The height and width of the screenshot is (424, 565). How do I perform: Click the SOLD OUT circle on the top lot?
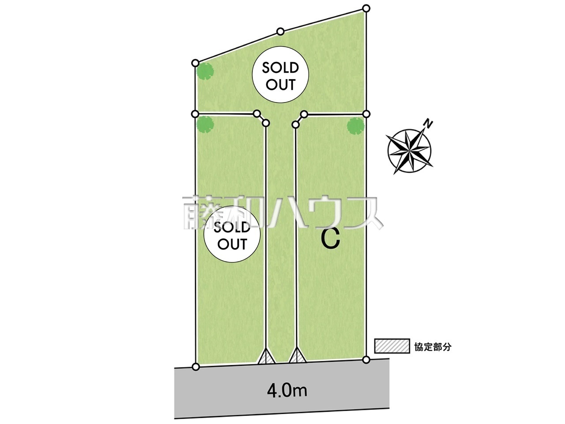click(281, 76)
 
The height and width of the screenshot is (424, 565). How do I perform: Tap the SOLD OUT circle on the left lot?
click(232, 236)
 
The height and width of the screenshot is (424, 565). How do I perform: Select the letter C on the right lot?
click(330, 239)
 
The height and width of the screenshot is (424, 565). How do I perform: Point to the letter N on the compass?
click(427, 123)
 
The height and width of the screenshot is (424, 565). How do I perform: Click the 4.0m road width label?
click(287, 391)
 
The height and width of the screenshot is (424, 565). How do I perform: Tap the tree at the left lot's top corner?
click(205, 124)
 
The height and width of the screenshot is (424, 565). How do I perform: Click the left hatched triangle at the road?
click(266, 356)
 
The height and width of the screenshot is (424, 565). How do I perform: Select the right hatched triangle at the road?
click(296, 356)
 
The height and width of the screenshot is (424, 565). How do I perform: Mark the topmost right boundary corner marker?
click(366, 8)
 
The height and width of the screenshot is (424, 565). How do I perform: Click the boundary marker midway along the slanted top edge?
click(280, 31)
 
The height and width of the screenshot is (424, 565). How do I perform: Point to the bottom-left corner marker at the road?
click(196, 366)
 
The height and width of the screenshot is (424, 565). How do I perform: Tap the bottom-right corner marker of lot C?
click(366, 360)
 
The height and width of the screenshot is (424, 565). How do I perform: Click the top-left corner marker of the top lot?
click(196, 63)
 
